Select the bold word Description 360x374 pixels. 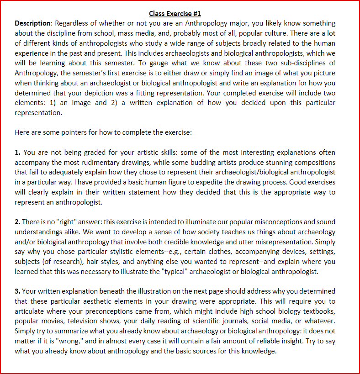point(33,23)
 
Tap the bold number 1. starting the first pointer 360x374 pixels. point(17,152)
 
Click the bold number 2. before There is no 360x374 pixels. point(17,221)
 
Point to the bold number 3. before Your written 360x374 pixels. point(17,291)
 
